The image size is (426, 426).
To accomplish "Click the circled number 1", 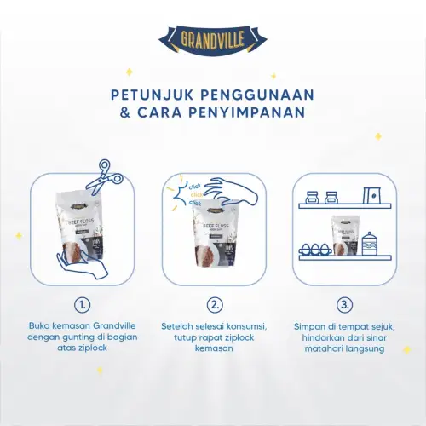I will pos(82,304).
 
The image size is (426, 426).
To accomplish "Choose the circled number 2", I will pos(214,304).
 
